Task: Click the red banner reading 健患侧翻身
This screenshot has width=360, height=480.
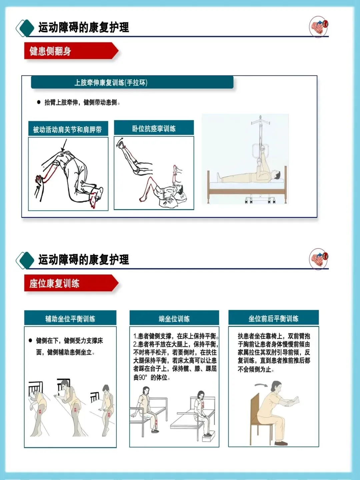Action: pos(71,51)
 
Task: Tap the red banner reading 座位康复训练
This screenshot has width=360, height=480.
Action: pos(71,283)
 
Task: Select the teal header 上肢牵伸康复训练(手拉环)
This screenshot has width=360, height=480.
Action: pos(132,82)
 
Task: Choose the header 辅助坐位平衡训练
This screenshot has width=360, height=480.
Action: pos(70,318)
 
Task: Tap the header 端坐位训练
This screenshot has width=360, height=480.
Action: pos(174,318)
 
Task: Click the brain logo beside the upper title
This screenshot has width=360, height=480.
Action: pos(319,27)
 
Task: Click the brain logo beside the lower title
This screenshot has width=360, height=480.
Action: pos(319,259)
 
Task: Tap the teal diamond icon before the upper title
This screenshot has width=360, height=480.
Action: pos(25,28)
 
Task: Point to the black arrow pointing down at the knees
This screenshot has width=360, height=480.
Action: pos(64,145)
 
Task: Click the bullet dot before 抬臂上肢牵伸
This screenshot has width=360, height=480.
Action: pos(39,102)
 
